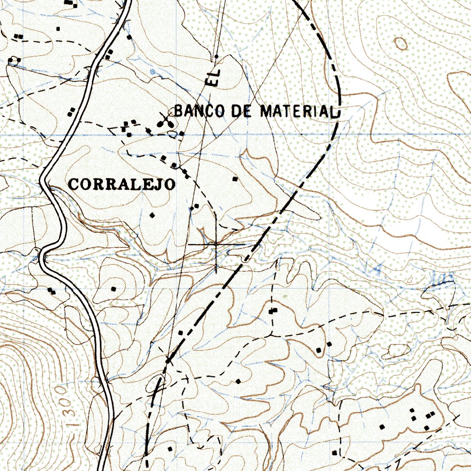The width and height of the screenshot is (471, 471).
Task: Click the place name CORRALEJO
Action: coord(122,184)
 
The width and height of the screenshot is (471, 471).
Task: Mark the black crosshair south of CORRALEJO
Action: coord(216,244)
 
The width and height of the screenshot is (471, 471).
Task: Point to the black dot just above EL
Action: coord(216,57)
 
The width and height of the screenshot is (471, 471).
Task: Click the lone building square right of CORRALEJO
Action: coord(235,178)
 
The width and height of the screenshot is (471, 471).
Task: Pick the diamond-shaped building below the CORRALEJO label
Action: coord(152,215)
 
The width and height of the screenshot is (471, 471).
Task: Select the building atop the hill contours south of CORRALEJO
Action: coord(114,289)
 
